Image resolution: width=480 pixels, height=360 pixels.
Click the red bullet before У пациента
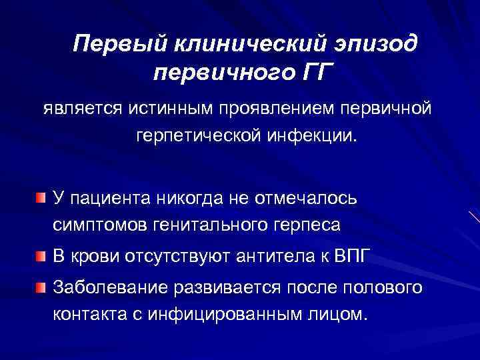(41, 197)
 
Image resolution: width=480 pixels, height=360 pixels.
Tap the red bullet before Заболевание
(41, 287)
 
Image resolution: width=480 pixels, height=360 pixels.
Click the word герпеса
(309, 225)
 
